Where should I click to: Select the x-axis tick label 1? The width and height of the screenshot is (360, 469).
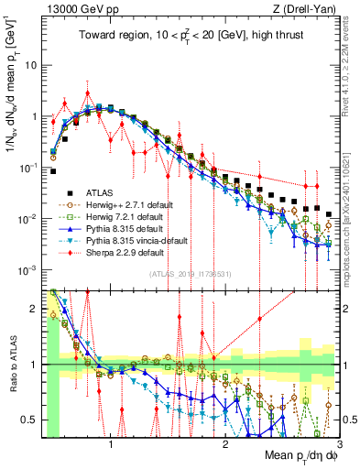click(111, 445)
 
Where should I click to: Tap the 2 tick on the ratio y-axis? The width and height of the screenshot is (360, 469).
click(36, 309)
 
